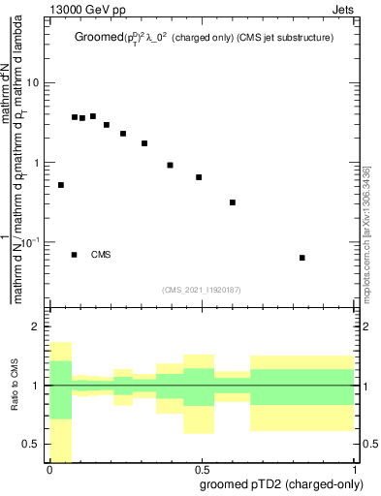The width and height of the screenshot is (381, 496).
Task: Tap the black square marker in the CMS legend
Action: (x=75, y=255)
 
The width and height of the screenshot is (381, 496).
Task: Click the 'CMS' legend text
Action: (x=102, y=255)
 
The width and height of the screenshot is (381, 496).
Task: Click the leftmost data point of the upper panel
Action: (x=61, y=185)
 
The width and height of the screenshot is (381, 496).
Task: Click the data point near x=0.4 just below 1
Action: (x=170, y=166)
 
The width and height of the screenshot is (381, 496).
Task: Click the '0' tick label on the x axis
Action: (x=49, y=469)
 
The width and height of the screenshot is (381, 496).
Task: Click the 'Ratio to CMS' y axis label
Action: (x=15, y=387)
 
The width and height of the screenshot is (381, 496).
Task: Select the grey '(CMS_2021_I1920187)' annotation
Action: (x=202, y=289)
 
